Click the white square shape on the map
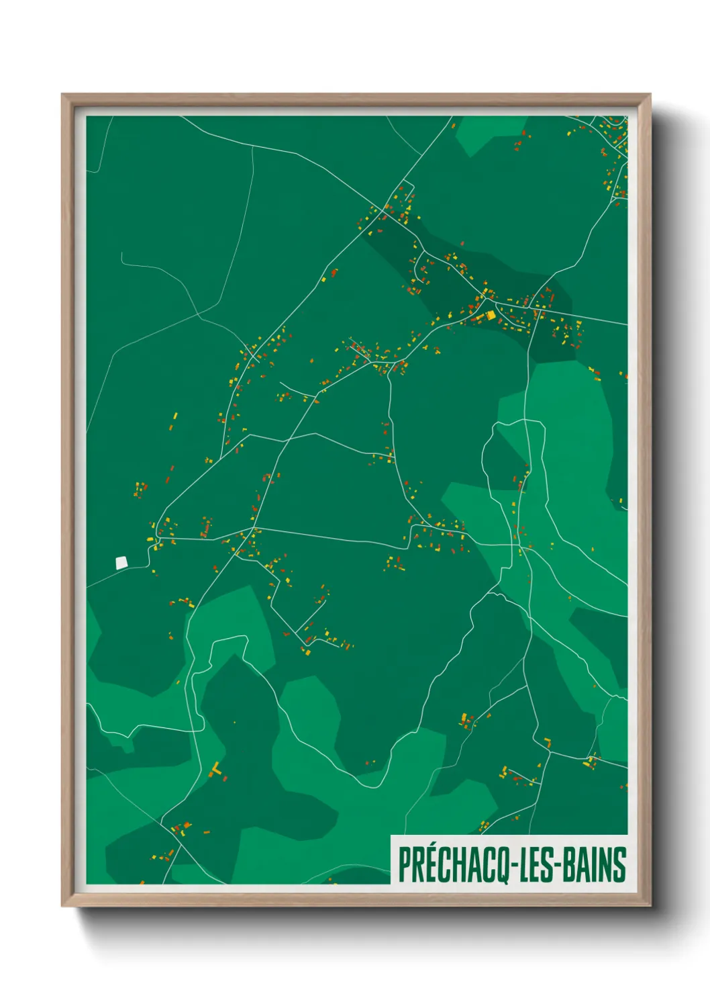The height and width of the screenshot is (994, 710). pyautogui.click(x=121, y=563)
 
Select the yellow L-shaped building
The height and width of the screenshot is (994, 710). pyautogui.click(x=216, y=769)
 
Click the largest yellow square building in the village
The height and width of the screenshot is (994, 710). pyautogui.click(x=491, y=314)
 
